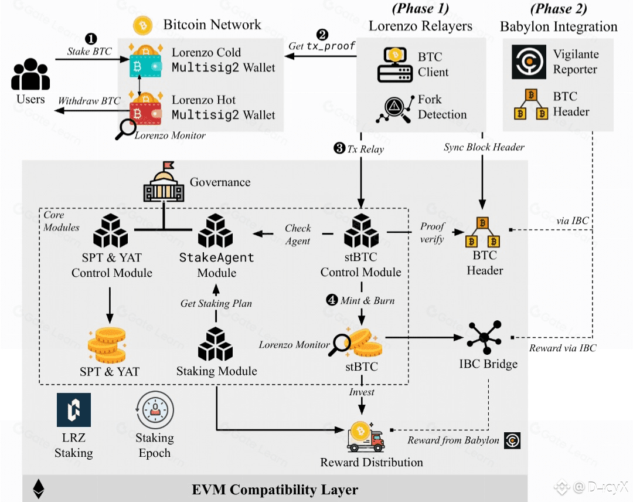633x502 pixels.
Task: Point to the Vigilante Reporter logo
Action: [529, 62]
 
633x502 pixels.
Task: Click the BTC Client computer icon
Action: [394, 65]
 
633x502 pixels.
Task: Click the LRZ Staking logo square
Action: [74, 409]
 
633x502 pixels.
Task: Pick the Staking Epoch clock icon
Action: [154, 409]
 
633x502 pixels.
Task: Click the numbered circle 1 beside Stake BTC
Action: [91, 39]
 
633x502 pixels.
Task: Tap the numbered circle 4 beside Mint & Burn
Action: [332, 300]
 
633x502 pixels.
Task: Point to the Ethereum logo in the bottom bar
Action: [39, 489]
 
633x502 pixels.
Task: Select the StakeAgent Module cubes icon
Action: [216, 231]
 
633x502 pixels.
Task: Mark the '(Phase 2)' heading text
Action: [558, 9]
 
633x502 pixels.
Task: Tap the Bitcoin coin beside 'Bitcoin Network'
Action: [143, 25]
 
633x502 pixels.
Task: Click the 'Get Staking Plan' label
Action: [216, 303]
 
